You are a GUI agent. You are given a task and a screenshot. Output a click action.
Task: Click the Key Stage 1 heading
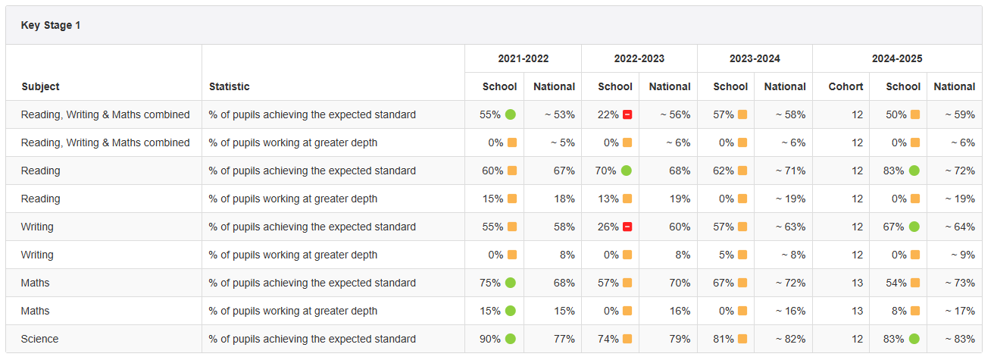[51, 26]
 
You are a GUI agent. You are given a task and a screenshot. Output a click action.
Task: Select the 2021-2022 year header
[523, 58]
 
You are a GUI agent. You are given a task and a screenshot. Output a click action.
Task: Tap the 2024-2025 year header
[897, 58]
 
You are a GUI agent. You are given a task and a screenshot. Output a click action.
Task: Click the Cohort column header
[846, 86]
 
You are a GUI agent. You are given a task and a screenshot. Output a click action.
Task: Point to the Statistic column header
[230, 86]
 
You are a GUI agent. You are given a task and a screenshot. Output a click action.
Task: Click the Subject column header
[40, 86]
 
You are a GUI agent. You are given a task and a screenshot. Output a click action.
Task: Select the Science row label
[39, 339]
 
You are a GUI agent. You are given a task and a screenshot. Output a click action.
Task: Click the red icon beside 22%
[627, 114]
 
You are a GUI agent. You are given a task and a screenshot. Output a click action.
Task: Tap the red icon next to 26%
[627, 227]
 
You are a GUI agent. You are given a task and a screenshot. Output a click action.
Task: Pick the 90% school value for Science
[490, 339]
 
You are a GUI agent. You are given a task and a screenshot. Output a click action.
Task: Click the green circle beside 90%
[511, 339]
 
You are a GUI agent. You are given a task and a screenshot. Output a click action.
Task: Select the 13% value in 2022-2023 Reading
[608, 199]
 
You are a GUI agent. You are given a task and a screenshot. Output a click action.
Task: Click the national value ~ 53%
[559, 114]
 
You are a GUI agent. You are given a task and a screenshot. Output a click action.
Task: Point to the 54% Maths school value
[896, 283]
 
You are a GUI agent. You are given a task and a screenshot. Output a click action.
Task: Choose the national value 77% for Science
[564, 339]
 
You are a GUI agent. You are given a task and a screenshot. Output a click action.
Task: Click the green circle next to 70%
[627, 171]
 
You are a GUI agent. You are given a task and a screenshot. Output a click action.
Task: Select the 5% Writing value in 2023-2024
[727, 255]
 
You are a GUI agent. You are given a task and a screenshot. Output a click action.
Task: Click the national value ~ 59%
[959, 114]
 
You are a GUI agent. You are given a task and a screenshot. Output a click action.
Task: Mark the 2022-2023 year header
[639, 58]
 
